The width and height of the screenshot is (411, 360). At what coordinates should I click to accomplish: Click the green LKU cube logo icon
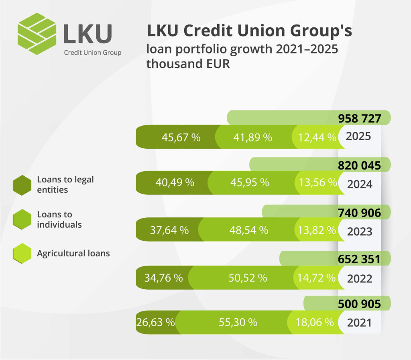37,34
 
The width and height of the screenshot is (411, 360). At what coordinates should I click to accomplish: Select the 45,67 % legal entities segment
181,137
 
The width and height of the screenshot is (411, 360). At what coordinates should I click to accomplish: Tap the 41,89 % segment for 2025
252,137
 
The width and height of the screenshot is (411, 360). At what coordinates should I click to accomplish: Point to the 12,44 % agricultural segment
317,137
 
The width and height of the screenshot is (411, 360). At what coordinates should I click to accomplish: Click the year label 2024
360,184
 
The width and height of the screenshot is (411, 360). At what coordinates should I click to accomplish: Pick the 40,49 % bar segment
175,183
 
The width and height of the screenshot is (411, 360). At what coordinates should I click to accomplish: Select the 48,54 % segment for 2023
249,230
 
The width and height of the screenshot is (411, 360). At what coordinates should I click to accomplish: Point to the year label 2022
360,279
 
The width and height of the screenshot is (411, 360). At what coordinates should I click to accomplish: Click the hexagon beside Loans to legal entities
22,185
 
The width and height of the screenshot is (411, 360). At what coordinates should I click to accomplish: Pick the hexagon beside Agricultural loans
22,254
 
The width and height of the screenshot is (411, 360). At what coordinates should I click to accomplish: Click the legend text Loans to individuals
60,219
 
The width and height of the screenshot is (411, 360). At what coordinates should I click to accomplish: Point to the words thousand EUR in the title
188,64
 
